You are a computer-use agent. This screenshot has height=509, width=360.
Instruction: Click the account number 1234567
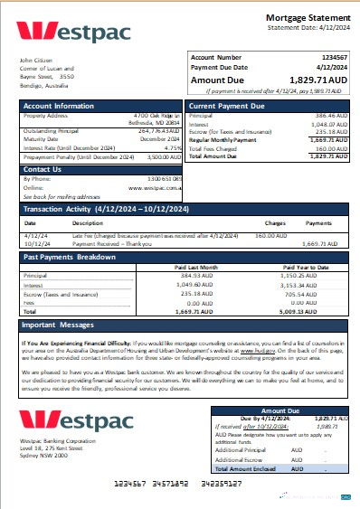click(335, 56)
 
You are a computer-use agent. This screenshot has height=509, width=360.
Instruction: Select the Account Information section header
click(58, 106)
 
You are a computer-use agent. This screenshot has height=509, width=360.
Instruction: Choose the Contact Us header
click(42, 169)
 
